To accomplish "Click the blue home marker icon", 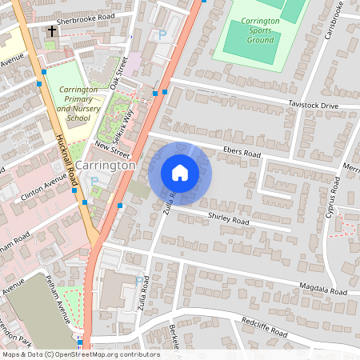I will pyautogui.click(x=180, y=173).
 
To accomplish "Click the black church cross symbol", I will pyautogui.click(x=52, y=32).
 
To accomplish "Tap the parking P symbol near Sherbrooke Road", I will pyautogui.click(x=162, y=34).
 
